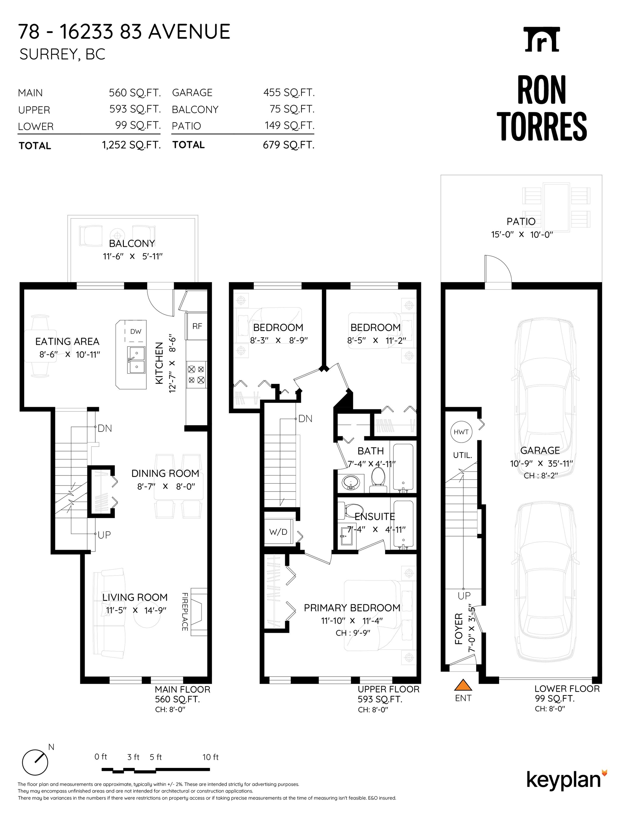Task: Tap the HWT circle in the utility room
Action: coord(461,432)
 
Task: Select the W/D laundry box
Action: coord(278,532)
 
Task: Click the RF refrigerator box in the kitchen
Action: coord(197,326)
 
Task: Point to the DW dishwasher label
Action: coord(136,331)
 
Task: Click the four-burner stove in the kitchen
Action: coord(197,375)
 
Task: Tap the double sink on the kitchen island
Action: coord(136,360)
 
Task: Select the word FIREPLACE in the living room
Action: coord(185,612)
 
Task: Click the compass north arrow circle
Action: coord(35,762)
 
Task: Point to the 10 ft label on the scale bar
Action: coord(210,757)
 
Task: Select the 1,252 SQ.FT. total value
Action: coord(131,145)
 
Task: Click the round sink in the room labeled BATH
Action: coord(351,482)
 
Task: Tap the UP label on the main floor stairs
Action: coord(104,535)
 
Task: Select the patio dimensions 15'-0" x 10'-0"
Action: coord(522,234)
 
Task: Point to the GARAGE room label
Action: coord(540,450)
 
